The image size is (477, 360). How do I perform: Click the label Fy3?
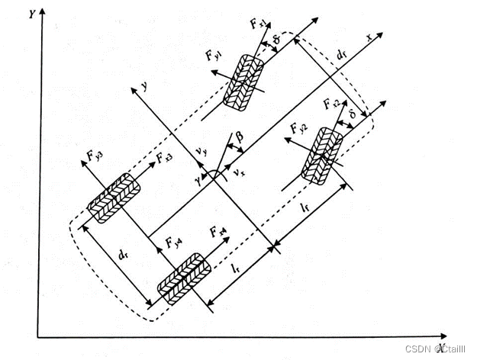pyautogui.click(x=94, y=157)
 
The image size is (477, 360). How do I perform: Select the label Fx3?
pyautogui.click(x=164, y=158)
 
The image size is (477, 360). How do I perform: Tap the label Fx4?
pyautogui.click(x=218, y=230)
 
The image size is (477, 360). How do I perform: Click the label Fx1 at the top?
pyautogui.click(x=258, y=23)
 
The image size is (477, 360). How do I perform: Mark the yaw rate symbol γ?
pyautogui.click(x=198, y=178)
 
